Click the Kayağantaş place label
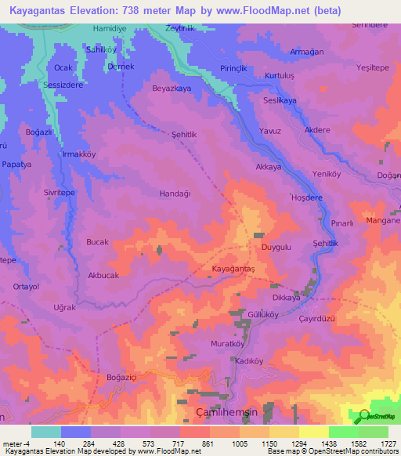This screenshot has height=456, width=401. click(x=234, y=268)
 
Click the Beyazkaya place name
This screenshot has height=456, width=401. click(x=172, y=89)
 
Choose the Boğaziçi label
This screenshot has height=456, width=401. click(x=122, y=378)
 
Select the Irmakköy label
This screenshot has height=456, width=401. click(x=78, y=154)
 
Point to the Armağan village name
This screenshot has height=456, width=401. click(x=306, y=52)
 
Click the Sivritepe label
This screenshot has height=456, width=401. click(x=59, y=192)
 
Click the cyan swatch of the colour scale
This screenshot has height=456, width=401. click(x=46, y=432)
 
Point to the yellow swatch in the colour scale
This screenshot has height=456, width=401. click(x=313, y=432)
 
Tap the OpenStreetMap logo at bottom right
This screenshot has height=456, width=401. click(x=374, y=417)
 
